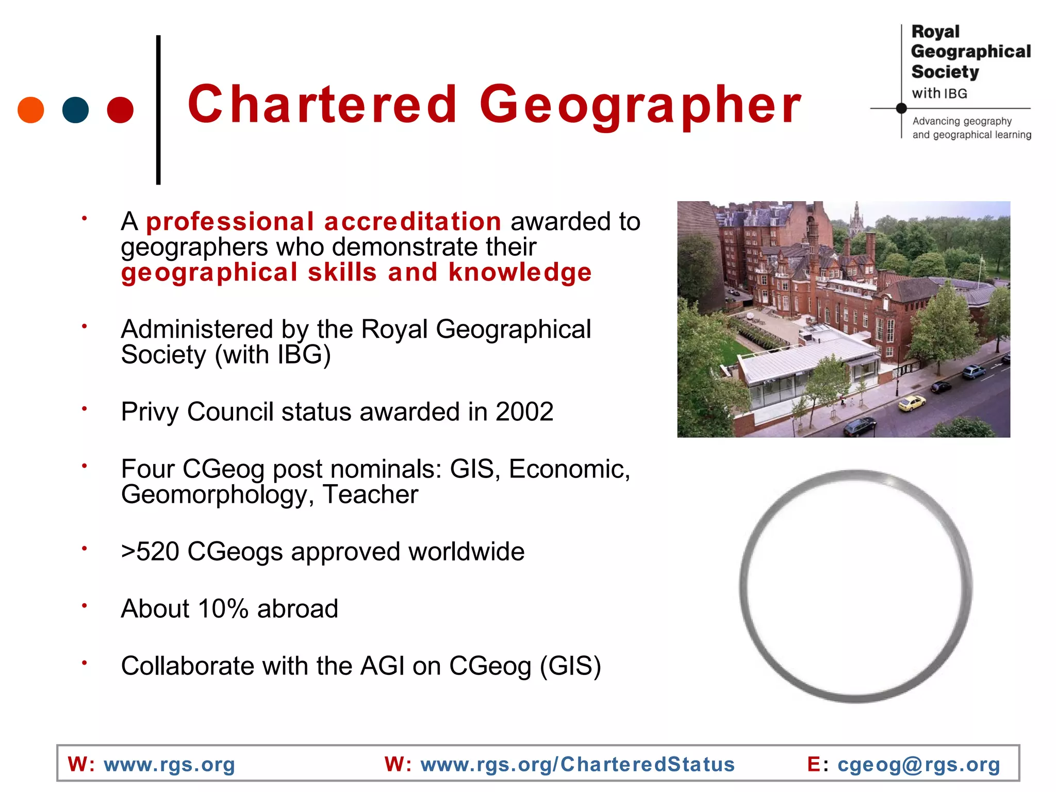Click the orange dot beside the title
[x=30, y=110]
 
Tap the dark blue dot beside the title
[x=75, y=110]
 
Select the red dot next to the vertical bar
[x=120, y=110]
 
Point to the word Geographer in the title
[x=640, y=106]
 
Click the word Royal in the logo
[x=935, y=32]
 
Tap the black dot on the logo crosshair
[x=901, y=108]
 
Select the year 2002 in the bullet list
[x=524, y=412]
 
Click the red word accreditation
[x=412, y=222]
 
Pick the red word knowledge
[x=520, y=272]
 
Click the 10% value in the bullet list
[x=223, y=609]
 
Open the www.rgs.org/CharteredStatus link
[x=577, y=764]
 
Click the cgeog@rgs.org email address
[x=919, y=764]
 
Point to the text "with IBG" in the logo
[x=939, y=93]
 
